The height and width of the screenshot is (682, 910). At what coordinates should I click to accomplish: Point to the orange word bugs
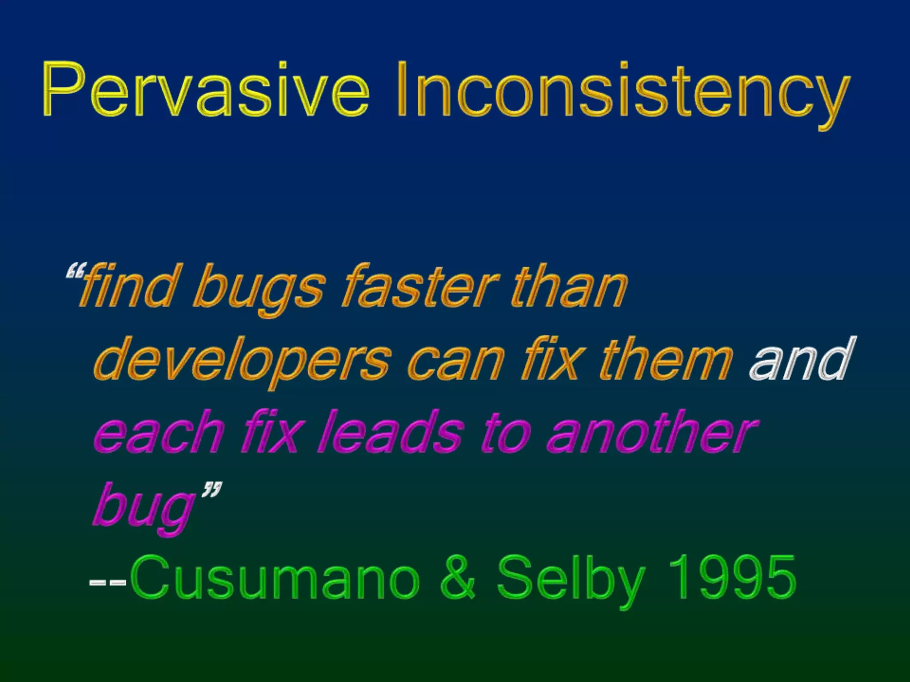pyautogui.click(x=258, y=289)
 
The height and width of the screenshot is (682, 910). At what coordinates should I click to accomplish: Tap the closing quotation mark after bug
pyautogui.click(x=212, y=491)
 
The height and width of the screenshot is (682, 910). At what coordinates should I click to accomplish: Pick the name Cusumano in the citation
pyautogui.click(x=275, y=577)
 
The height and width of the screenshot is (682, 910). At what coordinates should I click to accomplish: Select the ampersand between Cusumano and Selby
pyautogui.click(x=458, y=577)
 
